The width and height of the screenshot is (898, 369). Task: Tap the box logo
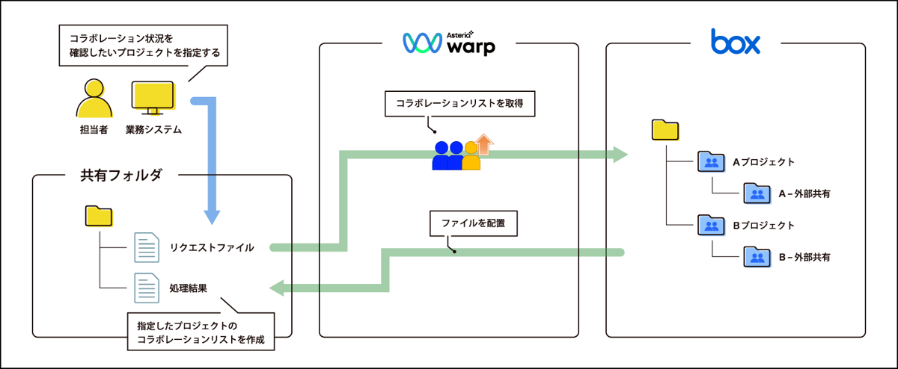coord(735,42)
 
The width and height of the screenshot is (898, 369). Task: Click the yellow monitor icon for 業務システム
coord(153,98)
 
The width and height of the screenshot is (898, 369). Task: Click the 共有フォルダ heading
coord(121,176)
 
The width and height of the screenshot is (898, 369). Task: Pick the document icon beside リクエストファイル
coord(146,247)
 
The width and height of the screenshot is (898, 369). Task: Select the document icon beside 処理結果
coord(146,288)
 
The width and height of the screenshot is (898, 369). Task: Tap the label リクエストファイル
coord(211,247)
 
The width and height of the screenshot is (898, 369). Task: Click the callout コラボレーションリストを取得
coord(459,105)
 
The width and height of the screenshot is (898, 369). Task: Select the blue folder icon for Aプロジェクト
coord(709,161)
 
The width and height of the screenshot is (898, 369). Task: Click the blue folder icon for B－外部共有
coord(756,257)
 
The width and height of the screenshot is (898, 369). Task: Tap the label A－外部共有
coord(804,193)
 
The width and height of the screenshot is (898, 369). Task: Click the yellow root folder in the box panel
coord(665,130)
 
